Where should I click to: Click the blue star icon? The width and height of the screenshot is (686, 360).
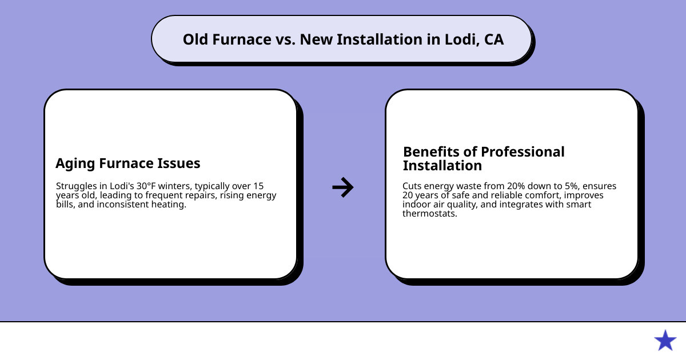[665, 341]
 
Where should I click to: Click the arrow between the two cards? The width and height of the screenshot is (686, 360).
[343, 187]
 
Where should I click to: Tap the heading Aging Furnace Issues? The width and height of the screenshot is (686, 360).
[127, 163]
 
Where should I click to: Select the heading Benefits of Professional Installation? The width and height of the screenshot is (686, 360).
[484, 159]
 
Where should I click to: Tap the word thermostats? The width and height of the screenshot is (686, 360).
[430, 214]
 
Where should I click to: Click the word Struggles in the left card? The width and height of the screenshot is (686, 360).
[75, 186]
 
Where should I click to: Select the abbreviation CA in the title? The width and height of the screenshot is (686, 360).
[493, 39]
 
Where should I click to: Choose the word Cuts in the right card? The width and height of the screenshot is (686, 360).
[413, 186]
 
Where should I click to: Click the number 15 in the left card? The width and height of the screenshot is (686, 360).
[258, 186]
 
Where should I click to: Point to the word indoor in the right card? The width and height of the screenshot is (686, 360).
[416, 205]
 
